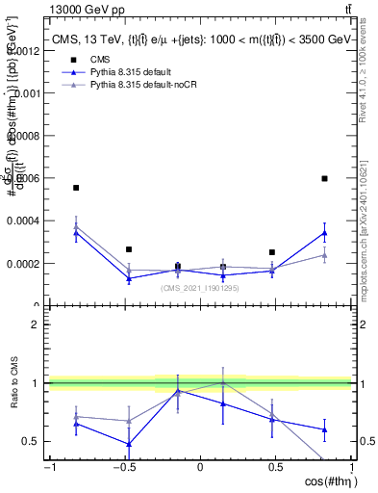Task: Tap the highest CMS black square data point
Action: click(325, 178)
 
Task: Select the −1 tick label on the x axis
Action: click(48, 468)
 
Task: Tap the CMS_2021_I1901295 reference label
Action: click(200, 288)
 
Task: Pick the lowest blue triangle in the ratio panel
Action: click(128, 444)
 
